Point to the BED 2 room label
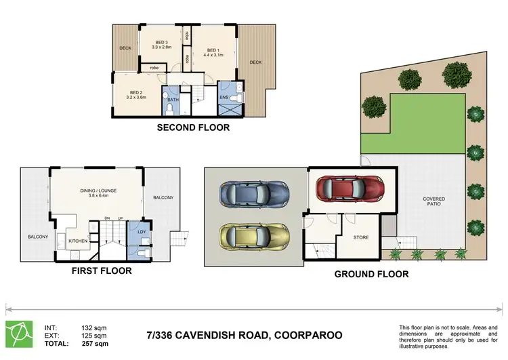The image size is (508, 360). point(136,94)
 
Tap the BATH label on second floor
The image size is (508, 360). point(173,100)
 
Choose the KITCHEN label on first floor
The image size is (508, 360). point(79,241)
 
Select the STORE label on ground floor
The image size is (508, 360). point(361,237)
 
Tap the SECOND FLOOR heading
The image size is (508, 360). point(193,127)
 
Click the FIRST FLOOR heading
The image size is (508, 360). point(101,271)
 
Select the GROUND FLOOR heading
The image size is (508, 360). point(371,275)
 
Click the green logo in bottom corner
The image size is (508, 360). point(20,333)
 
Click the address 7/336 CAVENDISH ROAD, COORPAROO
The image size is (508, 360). point(244,335)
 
